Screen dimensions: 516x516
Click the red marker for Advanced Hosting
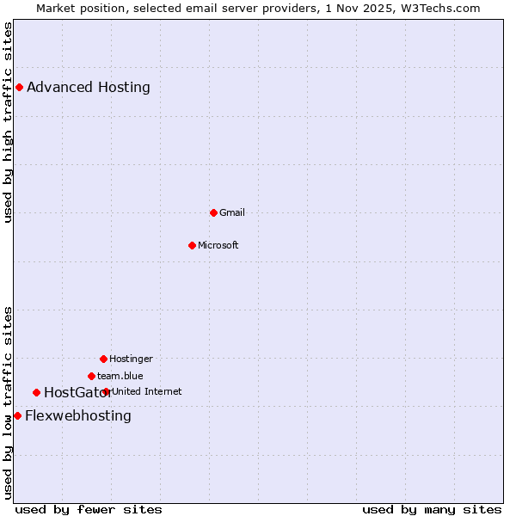point(19,87)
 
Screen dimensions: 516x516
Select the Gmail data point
point(213,212)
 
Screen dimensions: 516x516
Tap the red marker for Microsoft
point(192,245)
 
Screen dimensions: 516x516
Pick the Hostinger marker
point(103,359)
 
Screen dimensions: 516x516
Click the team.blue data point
point(91,376)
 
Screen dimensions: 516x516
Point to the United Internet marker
point(106,391)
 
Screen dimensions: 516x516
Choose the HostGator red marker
point(36,393)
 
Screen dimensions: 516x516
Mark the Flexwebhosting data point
point(17,416)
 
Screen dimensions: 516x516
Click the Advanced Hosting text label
point(89,87)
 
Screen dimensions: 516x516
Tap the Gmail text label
point(232,212)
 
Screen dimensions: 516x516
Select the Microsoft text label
point(218,245)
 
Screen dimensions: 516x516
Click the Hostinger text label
point(131,359)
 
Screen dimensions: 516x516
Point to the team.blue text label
point(120,376)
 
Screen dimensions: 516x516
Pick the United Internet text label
point(147,391)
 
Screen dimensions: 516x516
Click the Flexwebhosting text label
point(78,416)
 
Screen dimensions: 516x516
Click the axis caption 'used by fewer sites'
point(89,509)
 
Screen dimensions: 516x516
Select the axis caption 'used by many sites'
point(432,509)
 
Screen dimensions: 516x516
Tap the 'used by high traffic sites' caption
point(9,122)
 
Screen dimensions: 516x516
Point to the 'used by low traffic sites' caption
point(9,402)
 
